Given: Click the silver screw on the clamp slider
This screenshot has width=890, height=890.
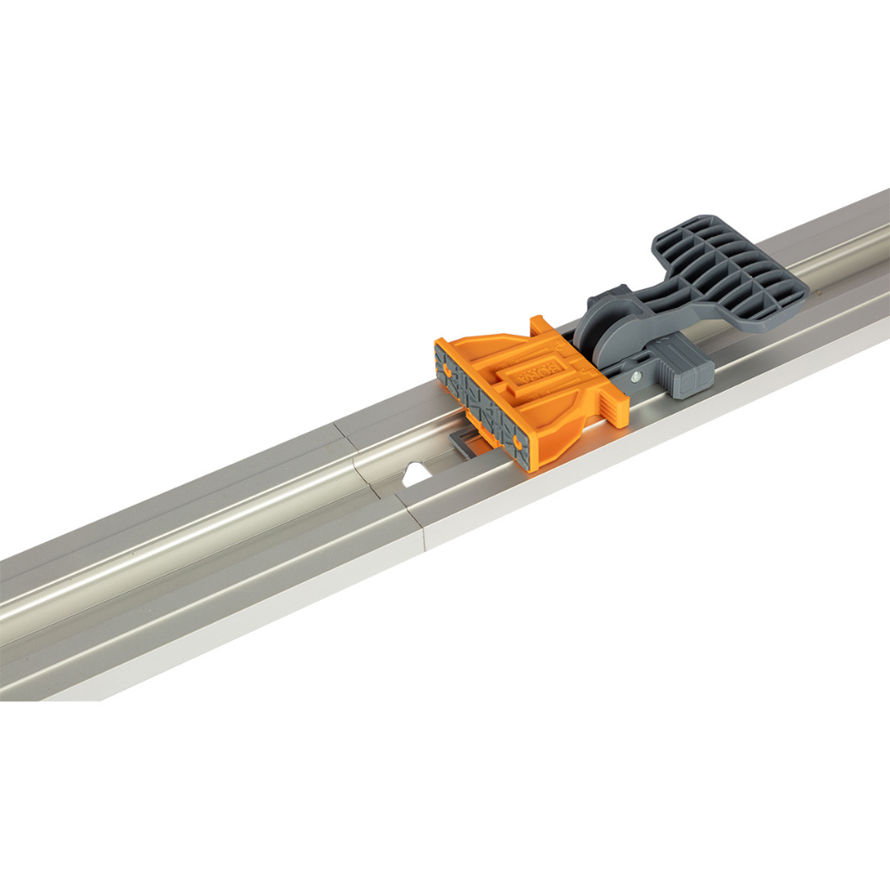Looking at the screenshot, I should [636, 376].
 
